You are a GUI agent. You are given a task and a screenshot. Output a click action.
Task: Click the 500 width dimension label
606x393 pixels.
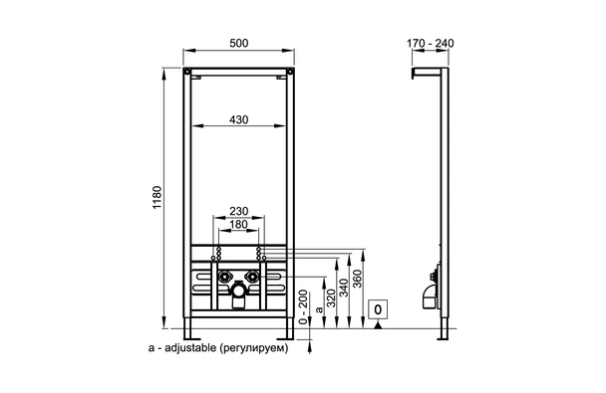[x=239, y=43]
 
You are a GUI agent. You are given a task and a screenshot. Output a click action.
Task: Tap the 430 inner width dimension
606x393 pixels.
[x=239, y=119]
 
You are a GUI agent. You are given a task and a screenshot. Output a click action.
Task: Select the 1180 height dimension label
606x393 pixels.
[x=156, y=197]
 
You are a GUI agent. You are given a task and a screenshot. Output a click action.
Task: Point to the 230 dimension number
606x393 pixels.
[x=239, y=211]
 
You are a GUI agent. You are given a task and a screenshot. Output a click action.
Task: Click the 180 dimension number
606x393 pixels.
[x=239, y=224]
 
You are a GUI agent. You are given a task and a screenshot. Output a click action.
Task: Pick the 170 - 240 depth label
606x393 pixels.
[x=431, y=43]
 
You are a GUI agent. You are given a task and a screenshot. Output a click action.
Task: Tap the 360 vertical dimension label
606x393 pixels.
[x=358, y=279]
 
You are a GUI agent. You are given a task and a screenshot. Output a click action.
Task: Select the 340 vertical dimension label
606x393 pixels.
[x=344, y=288]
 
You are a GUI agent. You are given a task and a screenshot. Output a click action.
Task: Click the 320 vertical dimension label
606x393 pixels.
[x=331, y=297]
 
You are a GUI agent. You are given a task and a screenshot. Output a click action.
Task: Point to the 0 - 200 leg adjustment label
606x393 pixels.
[x=304, y=307]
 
